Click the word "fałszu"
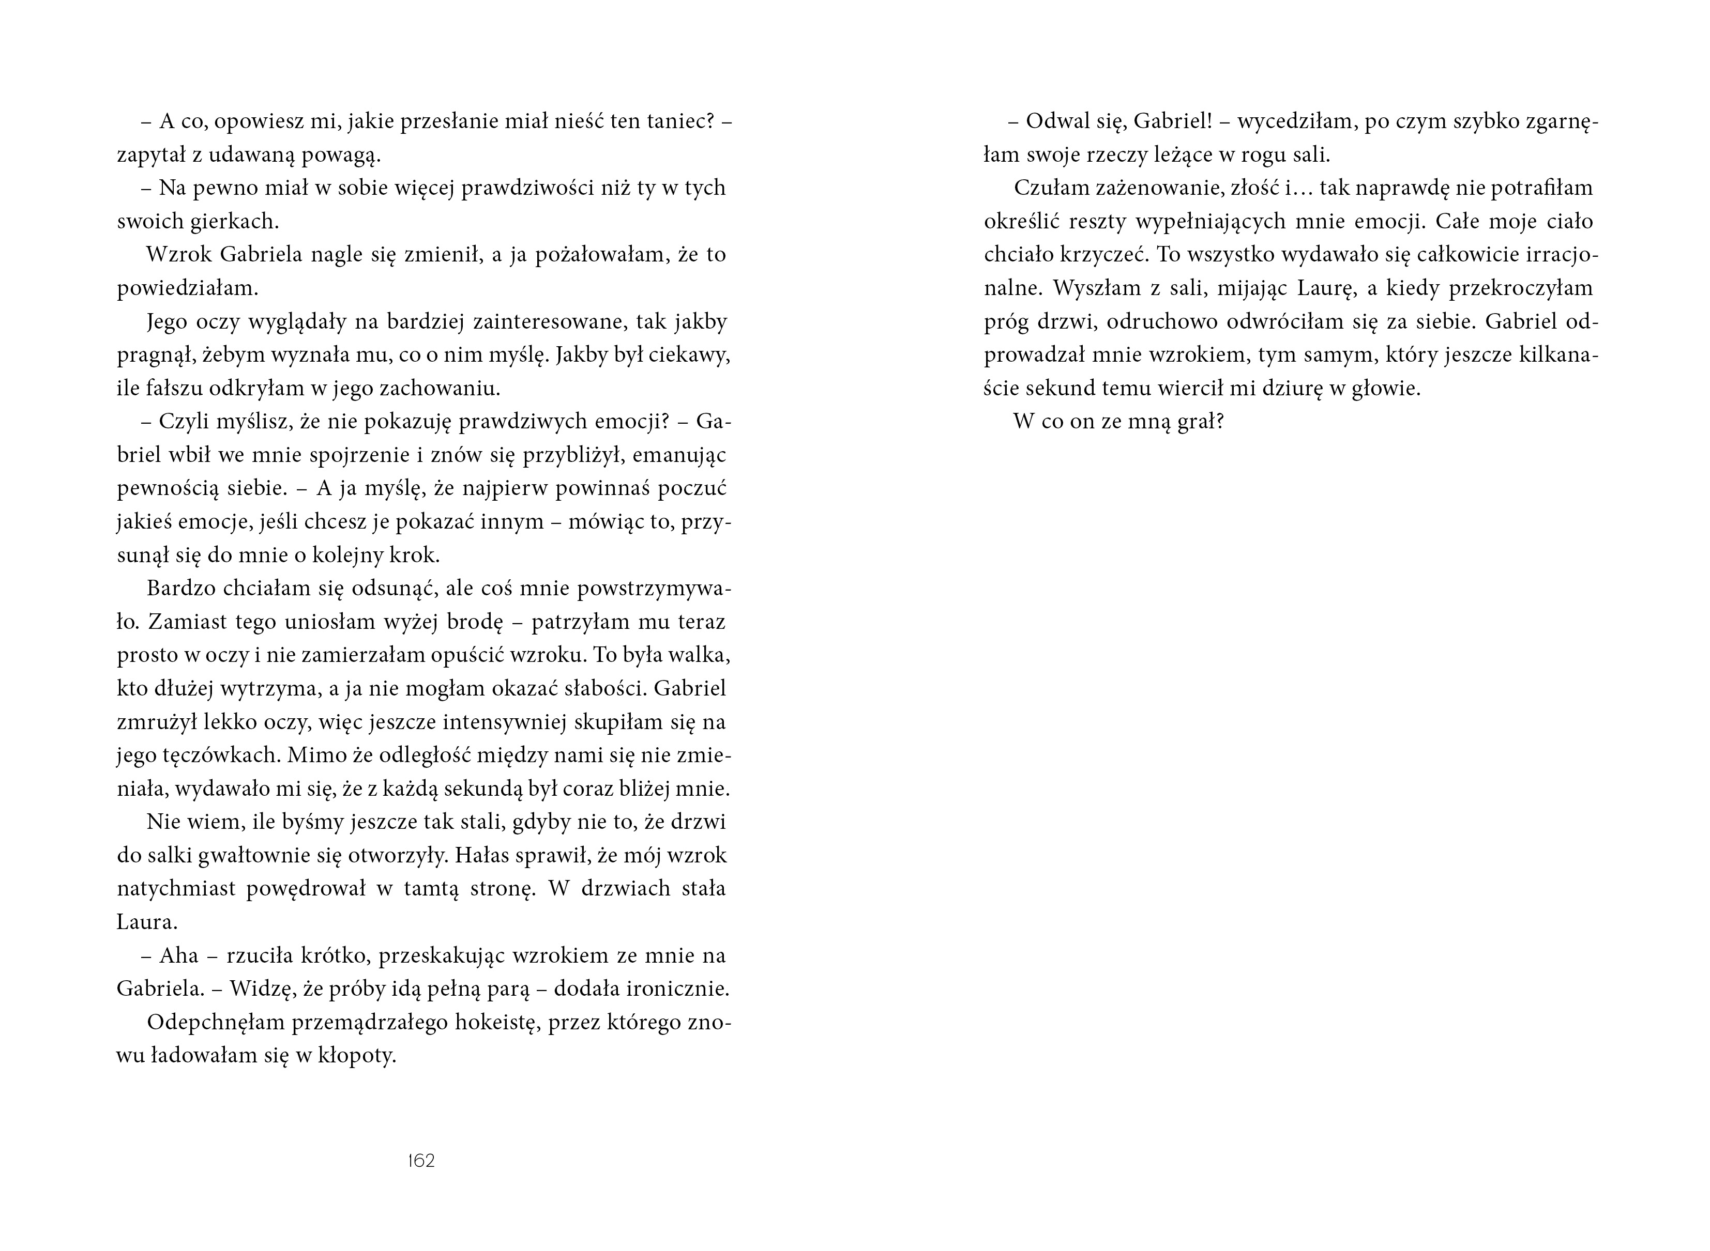click(171, 389)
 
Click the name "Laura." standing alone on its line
click(147, 922)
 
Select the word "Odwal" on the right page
click(1055, 121)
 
